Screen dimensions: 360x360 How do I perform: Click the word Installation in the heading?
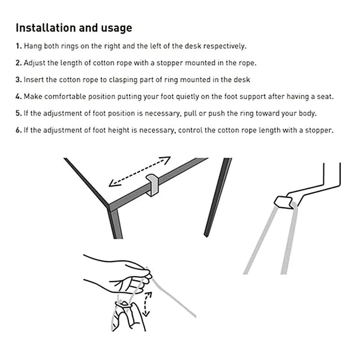pyautogui.click(x=44, y=28)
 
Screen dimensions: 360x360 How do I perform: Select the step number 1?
pyautogui.click(x=18, y=46)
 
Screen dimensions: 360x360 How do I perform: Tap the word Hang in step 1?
pyautogui.click(x=32, y=46)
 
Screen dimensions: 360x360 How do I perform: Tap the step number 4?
pyautogui.click(x=18, y=97)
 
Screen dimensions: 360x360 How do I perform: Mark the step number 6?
pyautogui.click(x=18, y=130)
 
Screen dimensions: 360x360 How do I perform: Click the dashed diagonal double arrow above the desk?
pyautogui.click(x=139, y=172)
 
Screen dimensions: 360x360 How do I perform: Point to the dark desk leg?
pyautogui.click(x=217, y=198)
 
